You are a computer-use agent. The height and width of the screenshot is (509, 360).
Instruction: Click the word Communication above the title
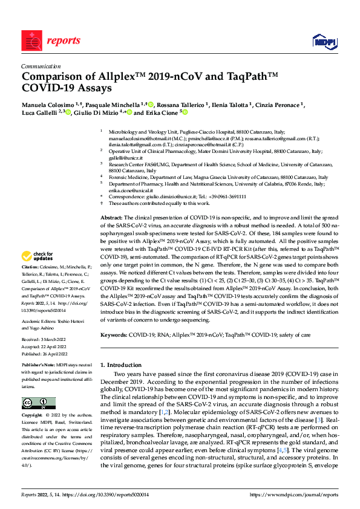41,66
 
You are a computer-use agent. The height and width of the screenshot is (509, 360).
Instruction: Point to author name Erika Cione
161,113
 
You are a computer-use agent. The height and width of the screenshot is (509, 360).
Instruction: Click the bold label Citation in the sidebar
31,284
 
